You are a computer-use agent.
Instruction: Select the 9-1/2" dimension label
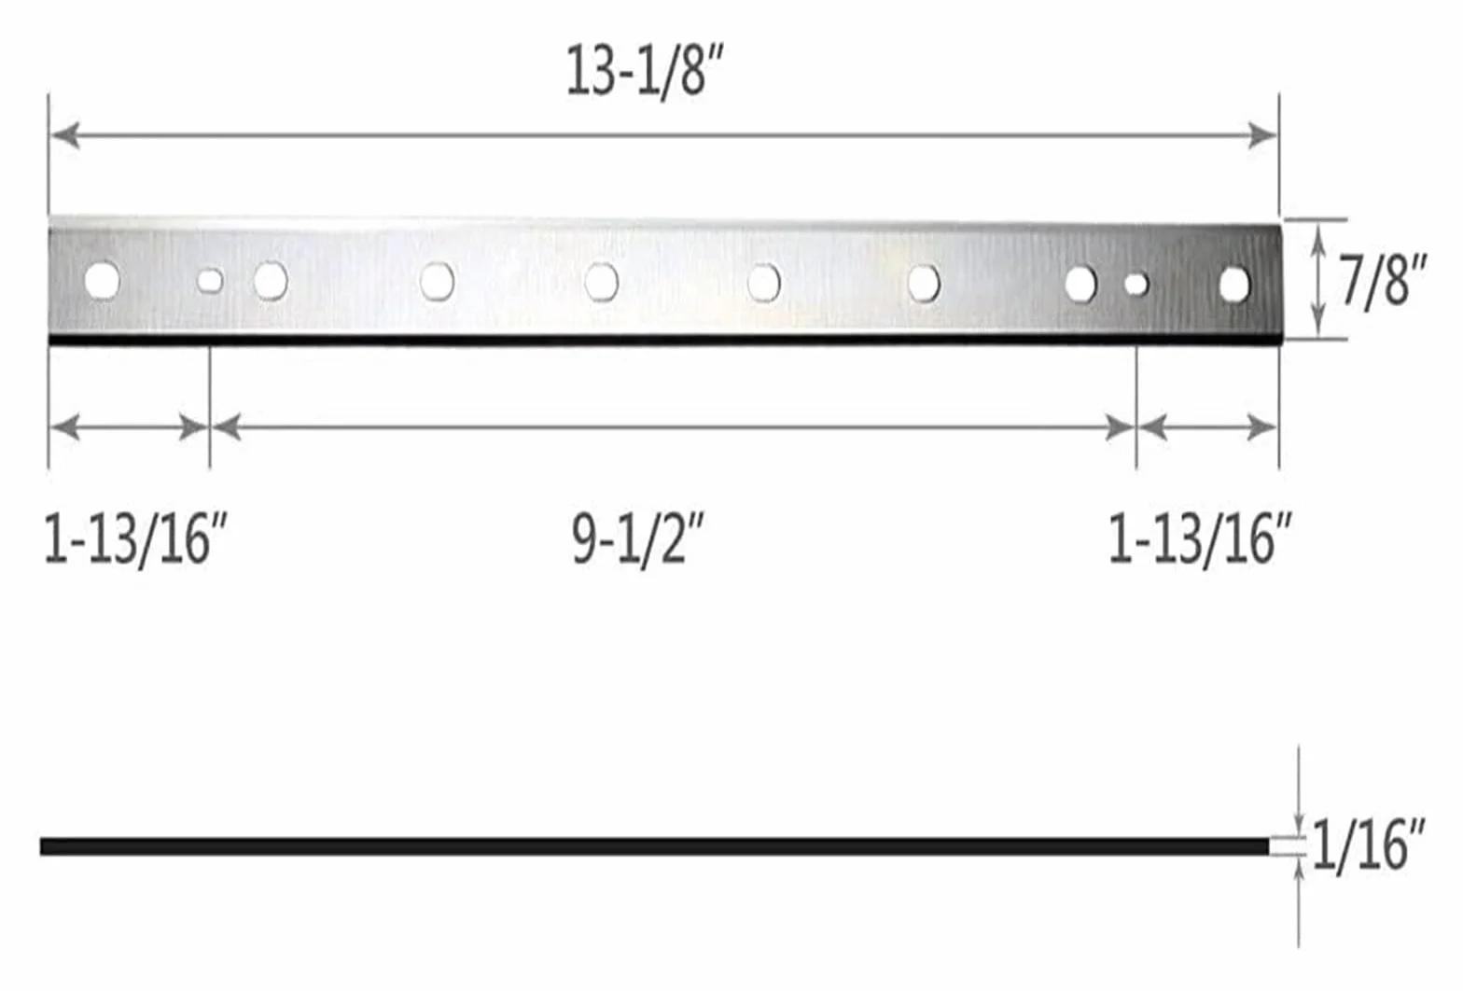(639, 540)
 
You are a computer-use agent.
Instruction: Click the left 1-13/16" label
(135, 539)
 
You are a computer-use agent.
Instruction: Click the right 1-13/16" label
(1201, 539)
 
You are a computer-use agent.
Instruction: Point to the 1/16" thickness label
(1369, 845)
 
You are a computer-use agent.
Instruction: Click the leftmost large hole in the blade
(102, 280)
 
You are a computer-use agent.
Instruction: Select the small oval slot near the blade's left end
(210, 281)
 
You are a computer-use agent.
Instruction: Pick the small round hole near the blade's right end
(1136, 285)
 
